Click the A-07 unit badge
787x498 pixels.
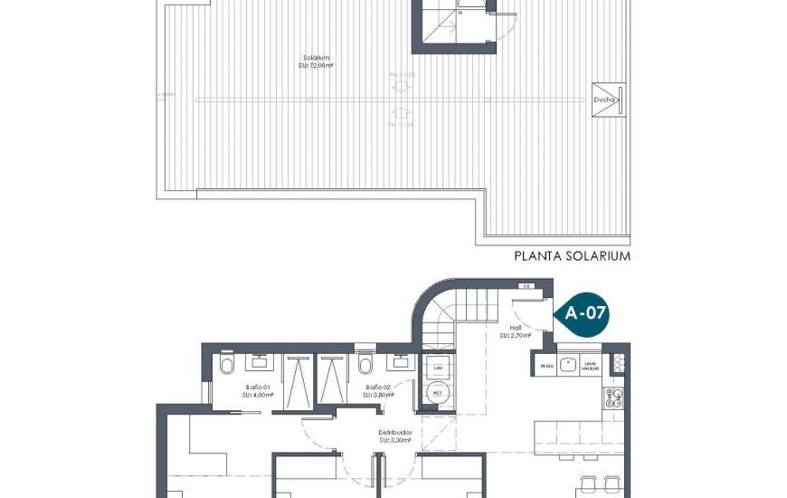(584, 314)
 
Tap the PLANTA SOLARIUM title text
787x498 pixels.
(572, 256)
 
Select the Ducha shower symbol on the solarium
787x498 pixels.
(607, 101)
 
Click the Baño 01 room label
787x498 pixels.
(254, 390)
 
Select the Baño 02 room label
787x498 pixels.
(377, 390)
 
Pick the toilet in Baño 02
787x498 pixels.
(365, 364)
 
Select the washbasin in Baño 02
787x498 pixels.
(398, 361)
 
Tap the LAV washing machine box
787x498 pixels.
(437, 369)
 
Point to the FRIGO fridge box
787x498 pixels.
(545, 366)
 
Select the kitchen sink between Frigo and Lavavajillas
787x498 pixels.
(568, 365)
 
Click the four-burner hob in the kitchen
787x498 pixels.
(613, 398)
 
